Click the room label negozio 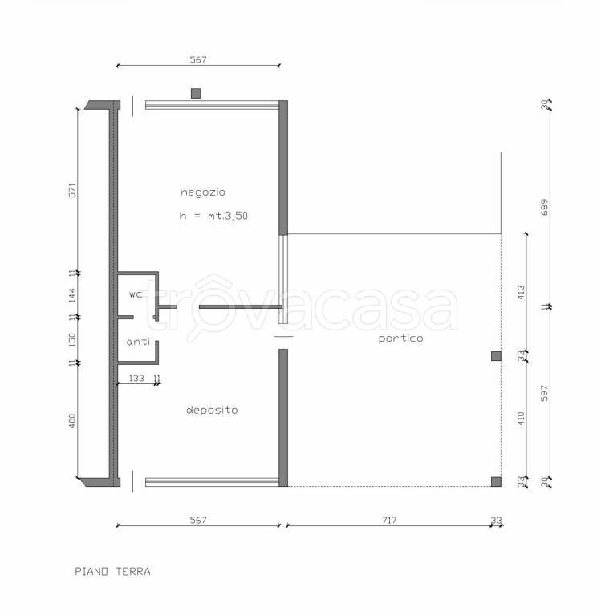point(203,192)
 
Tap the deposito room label point(212,410)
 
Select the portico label point(400,338)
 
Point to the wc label point(136,294)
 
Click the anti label point(138,342)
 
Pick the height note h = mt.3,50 point(213,215)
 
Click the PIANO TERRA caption point(113,571)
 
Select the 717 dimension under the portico point(389,520)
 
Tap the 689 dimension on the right point(544,207)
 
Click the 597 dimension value point(544,393)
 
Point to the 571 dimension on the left point(72,190)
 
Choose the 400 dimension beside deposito point(72,421)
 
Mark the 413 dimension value point(521,293)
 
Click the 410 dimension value point(521,419)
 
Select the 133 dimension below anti point(136,378)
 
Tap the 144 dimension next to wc point(72,295)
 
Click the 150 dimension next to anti point(72,340)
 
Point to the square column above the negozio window point(196,94)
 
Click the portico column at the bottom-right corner point(496,481)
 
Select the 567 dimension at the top point(198,59)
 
